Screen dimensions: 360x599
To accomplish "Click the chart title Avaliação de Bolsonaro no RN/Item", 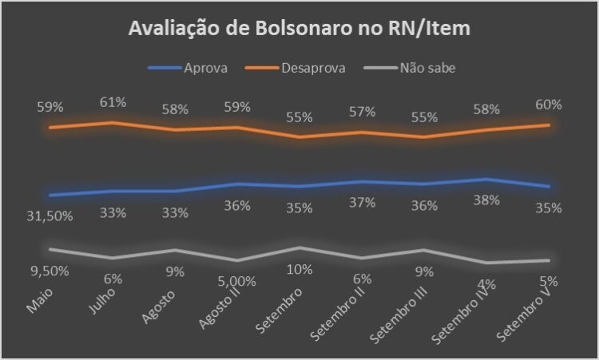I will (x=299, y=30).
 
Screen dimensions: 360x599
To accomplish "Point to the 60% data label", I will (x=549, y=105).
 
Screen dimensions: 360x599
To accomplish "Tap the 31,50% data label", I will (x=50, y=216).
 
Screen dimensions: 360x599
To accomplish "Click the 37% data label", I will (x=362, y=203).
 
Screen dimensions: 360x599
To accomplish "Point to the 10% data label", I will (x=299, y=269).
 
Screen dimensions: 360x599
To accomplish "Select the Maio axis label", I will (x=38, y=301).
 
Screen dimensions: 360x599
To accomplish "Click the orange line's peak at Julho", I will (x=113, y=122).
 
